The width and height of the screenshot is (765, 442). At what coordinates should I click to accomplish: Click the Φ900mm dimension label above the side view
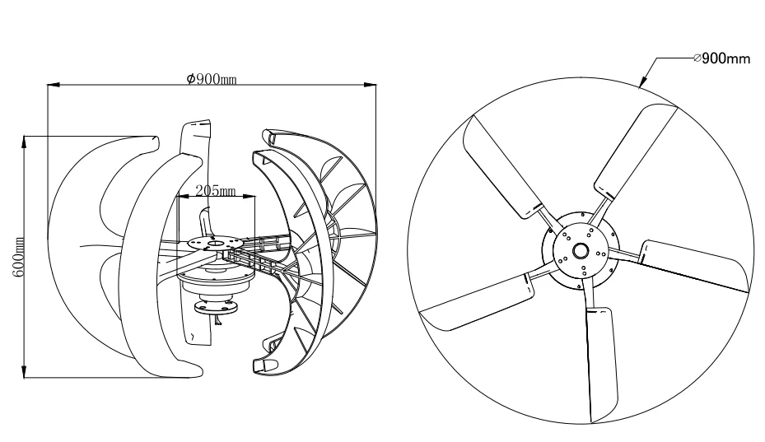(x=212, y=79)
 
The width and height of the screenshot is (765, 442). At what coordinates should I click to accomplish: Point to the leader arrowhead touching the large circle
(x=642, y=84)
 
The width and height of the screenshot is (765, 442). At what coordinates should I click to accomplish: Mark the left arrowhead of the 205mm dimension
(x=180, y=197)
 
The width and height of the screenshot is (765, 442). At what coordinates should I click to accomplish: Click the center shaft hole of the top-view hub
(x=581, y=251)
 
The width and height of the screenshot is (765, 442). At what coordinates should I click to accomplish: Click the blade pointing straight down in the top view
(x=601, y=362)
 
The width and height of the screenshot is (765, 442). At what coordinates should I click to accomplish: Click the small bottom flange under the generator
(x=214, y=308)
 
